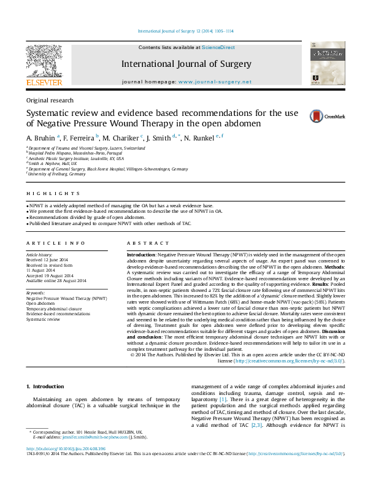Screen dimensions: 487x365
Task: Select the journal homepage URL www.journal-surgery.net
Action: point(215,82)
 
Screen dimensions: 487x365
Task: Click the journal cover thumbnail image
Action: point(323,65)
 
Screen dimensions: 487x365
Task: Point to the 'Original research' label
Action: point(50,100)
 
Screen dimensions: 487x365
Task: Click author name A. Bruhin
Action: point(40,137)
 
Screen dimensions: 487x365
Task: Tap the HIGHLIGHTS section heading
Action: point(44,194)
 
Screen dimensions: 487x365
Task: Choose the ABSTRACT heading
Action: point(142,243)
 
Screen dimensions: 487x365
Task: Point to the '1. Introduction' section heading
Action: point(47,387)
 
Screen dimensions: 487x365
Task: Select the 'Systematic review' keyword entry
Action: point(44,320)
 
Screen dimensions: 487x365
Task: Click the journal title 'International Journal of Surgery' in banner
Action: point(186,64)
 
